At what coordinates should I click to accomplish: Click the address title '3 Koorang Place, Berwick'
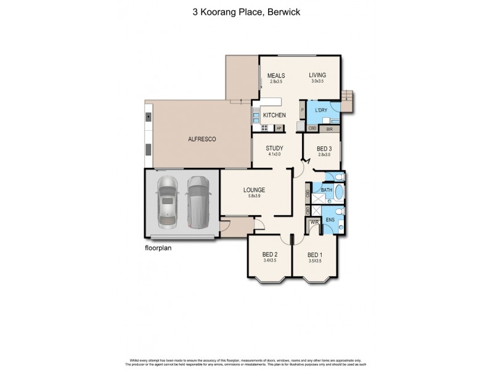tap(246, 10)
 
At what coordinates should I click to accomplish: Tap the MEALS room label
tap(275, 75)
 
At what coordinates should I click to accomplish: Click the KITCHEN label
tap(274, 116)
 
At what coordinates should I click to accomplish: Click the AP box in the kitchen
tap(279, 128)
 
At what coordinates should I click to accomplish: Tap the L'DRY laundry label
tap(320, 110)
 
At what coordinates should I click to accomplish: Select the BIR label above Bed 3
tap(329, 129)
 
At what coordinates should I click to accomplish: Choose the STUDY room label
tap(274, 148)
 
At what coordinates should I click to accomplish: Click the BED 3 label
tap(324, 149)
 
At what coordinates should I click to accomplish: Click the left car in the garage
tap(166, 201)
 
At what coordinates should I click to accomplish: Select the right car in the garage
tap(198, 201)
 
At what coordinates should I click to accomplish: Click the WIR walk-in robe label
tap(314, 222)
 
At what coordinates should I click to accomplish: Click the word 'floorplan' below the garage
tap(158, 249)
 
